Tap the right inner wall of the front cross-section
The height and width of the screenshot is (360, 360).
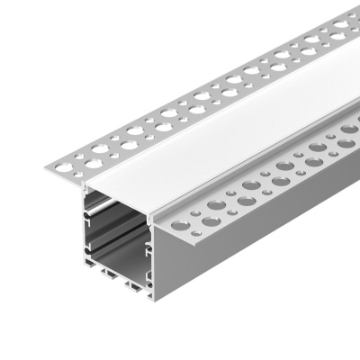click(x=159, y=243)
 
